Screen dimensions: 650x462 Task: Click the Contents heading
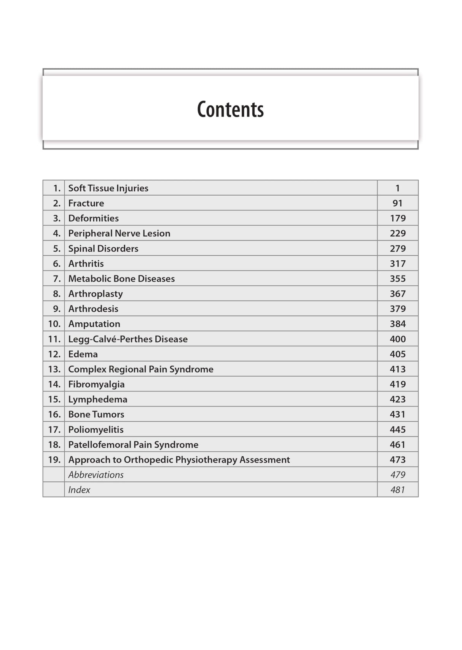point(230,109)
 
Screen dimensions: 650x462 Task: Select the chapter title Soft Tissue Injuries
point(108,188)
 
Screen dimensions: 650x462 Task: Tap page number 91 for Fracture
point(397,203)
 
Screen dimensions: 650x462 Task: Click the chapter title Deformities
point(93,218)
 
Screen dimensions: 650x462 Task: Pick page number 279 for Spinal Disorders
point(397,249)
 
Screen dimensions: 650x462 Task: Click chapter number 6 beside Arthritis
point(57,263)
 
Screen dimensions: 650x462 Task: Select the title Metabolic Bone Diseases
point(121,279)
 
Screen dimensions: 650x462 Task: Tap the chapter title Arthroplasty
point(96,294)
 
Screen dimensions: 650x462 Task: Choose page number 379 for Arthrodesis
point(397,309)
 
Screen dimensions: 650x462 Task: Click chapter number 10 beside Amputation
point(54,324)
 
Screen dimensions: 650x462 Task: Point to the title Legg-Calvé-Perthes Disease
point(128,339)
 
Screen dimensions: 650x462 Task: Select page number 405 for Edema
point(397,354)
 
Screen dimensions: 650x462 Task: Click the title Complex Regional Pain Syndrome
point(141,369)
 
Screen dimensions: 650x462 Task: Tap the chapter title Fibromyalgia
point(96,384)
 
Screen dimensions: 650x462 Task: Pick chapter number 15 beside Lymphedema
point(54,399)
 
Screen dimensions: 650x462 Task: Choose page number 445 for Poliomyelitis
point(397,430)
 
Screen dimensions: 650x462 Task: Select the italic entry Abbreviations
point(96,475)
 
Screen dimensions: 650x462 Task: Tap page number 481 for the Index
point(397,490)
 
